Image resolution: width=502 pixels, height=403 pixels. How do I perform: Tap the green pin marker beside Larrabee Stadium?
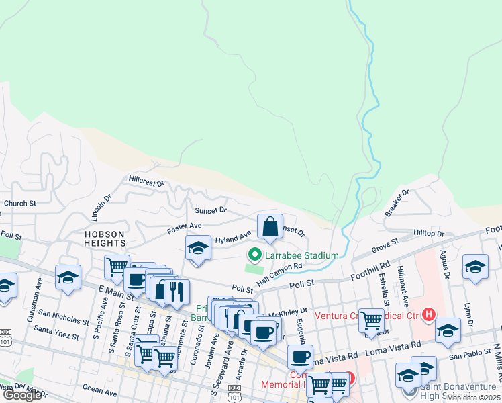point(254,255)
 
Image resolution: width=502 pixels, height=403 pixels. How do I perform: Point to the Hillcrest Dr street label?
point(146,181)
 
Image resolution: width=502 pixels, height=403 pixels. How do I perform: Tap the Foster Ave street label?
point(185,228)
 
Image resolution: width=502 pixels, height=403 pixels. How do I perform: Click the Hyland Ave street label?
point(233,237)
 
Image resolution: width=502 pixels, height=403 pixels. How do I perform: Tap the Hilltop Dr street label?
point(429,233)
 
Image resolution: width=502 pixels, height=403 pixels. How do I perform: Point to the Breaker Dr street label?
point(397,203)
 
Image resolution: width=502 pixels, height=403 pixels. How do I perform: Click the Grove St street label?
point(385,244)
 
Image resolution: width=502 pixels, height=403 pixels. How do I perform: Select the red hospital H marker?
point(429,314)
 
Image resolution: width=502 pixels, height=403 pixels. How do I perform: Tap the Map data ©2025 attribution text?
point(472,398)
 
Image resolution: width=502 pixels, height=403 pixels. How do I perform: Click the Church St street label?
point(19,203)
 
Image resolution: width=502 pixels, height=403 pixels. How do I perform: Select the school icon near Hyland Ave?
point(198,250)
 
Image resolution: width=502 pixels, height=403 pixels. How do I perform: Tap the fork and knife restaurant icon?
point(177,291)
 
